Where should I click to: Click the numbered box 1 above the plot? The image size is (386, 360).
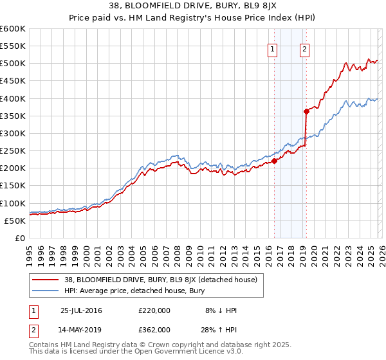(x=272, y=49)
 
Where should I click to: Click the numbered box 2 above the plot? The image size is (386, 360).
(x=304, y=49)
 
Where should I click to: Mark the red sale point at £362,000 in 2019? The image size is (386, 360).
(x=306, y=111)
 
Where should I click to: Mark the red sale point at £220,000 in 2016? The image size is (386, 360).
(x=275, y=161)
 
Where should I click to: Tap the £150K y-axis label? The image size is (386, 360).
(x=13, y=186)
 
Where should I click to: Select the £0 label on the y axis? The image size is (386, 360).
(x=19, y=238)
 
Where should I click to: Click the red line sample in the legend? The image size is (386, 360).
(x=46, y=280)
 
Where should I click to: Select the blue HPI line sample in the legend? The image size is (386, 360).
(x=46, y=291)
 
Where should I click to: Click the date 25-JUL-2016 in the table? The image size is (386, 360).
(x=82, y=310)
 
